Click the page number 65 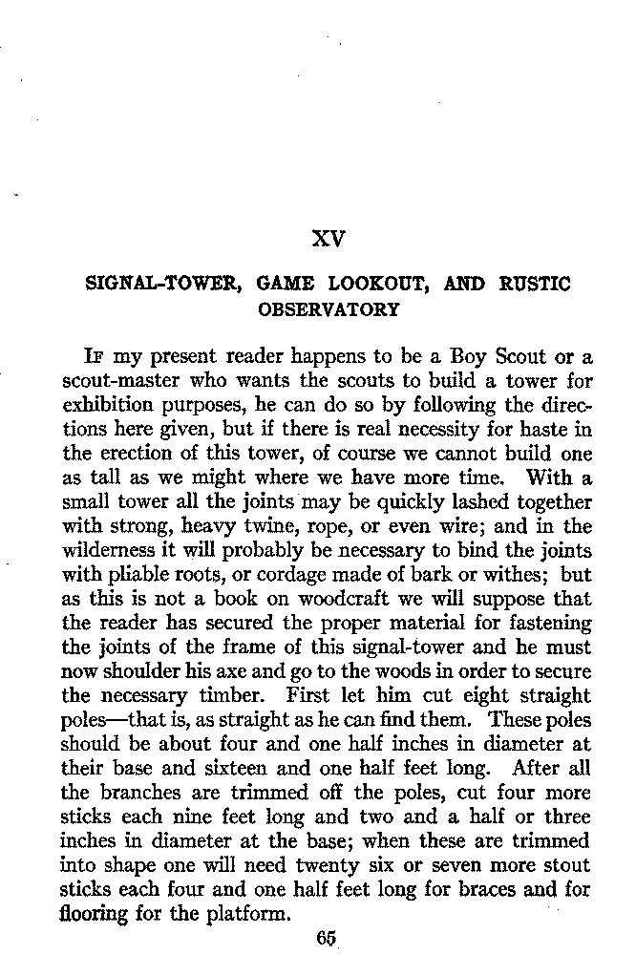pos(328,936)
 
